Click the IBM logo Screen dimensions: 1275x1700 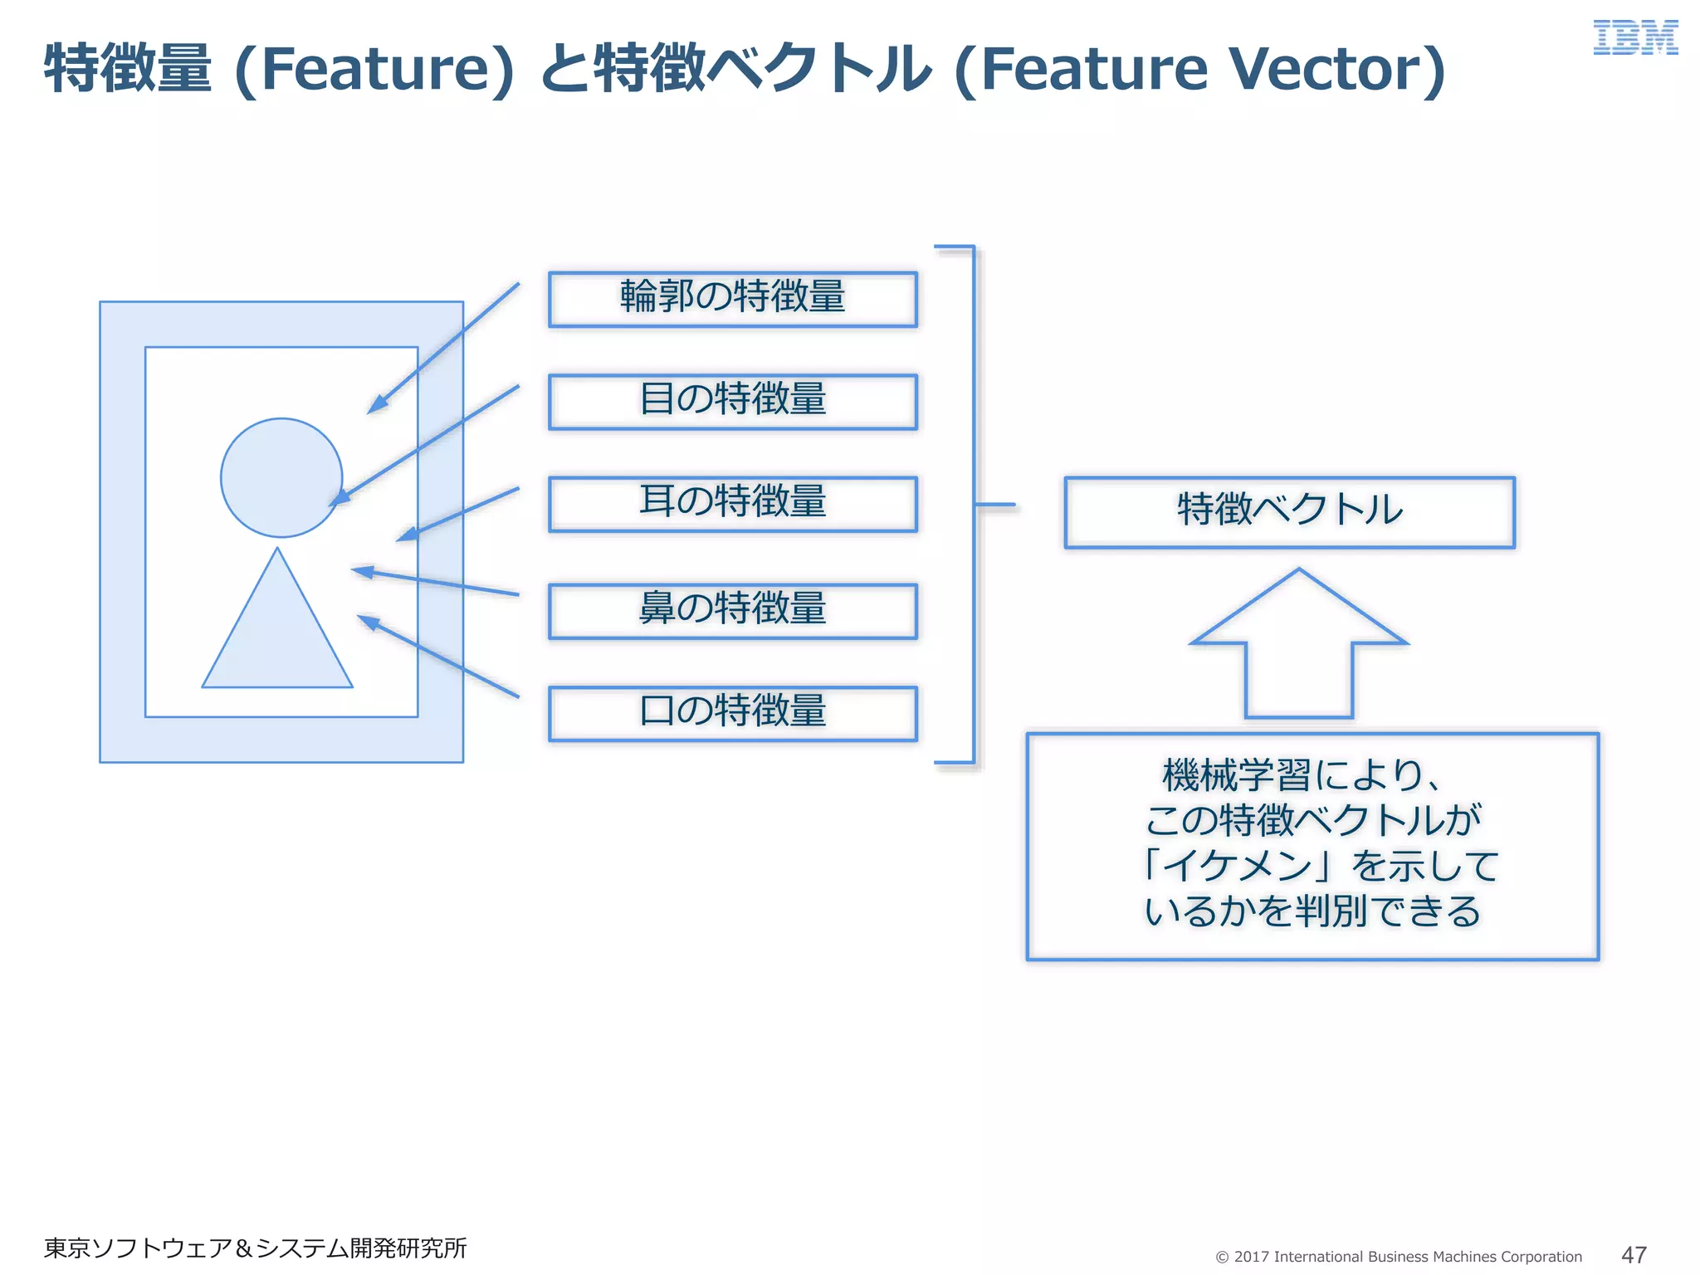click(1634, 38)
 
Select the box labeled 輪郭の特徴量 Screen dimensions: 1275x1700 click(732, 299)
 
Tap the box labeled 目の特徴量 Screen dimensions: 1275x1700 click(732, 402)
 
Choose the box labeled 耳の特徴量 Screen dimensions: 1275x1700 click(732, 504)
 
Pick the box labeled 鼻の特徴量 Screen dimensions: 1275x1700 click(732, 611)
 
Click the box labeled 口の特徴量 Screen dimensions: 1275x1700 click(732, 713)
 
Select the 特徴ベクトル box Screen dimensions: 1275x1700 click(1289, 512)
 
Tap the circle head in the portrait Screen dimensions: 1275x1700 click(281, 477)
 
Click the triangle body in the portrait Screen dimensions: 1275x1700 click(277, 639)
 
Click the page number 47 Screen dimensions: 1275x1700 click(1634, 1254)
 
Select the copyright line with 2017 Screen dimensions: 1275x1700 click(1399, 1256)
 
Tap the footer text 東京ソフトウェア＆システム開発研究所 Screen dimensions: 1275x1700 click(255, 1248)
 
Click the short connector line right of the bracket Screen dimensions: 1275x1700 click(994, 504)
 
